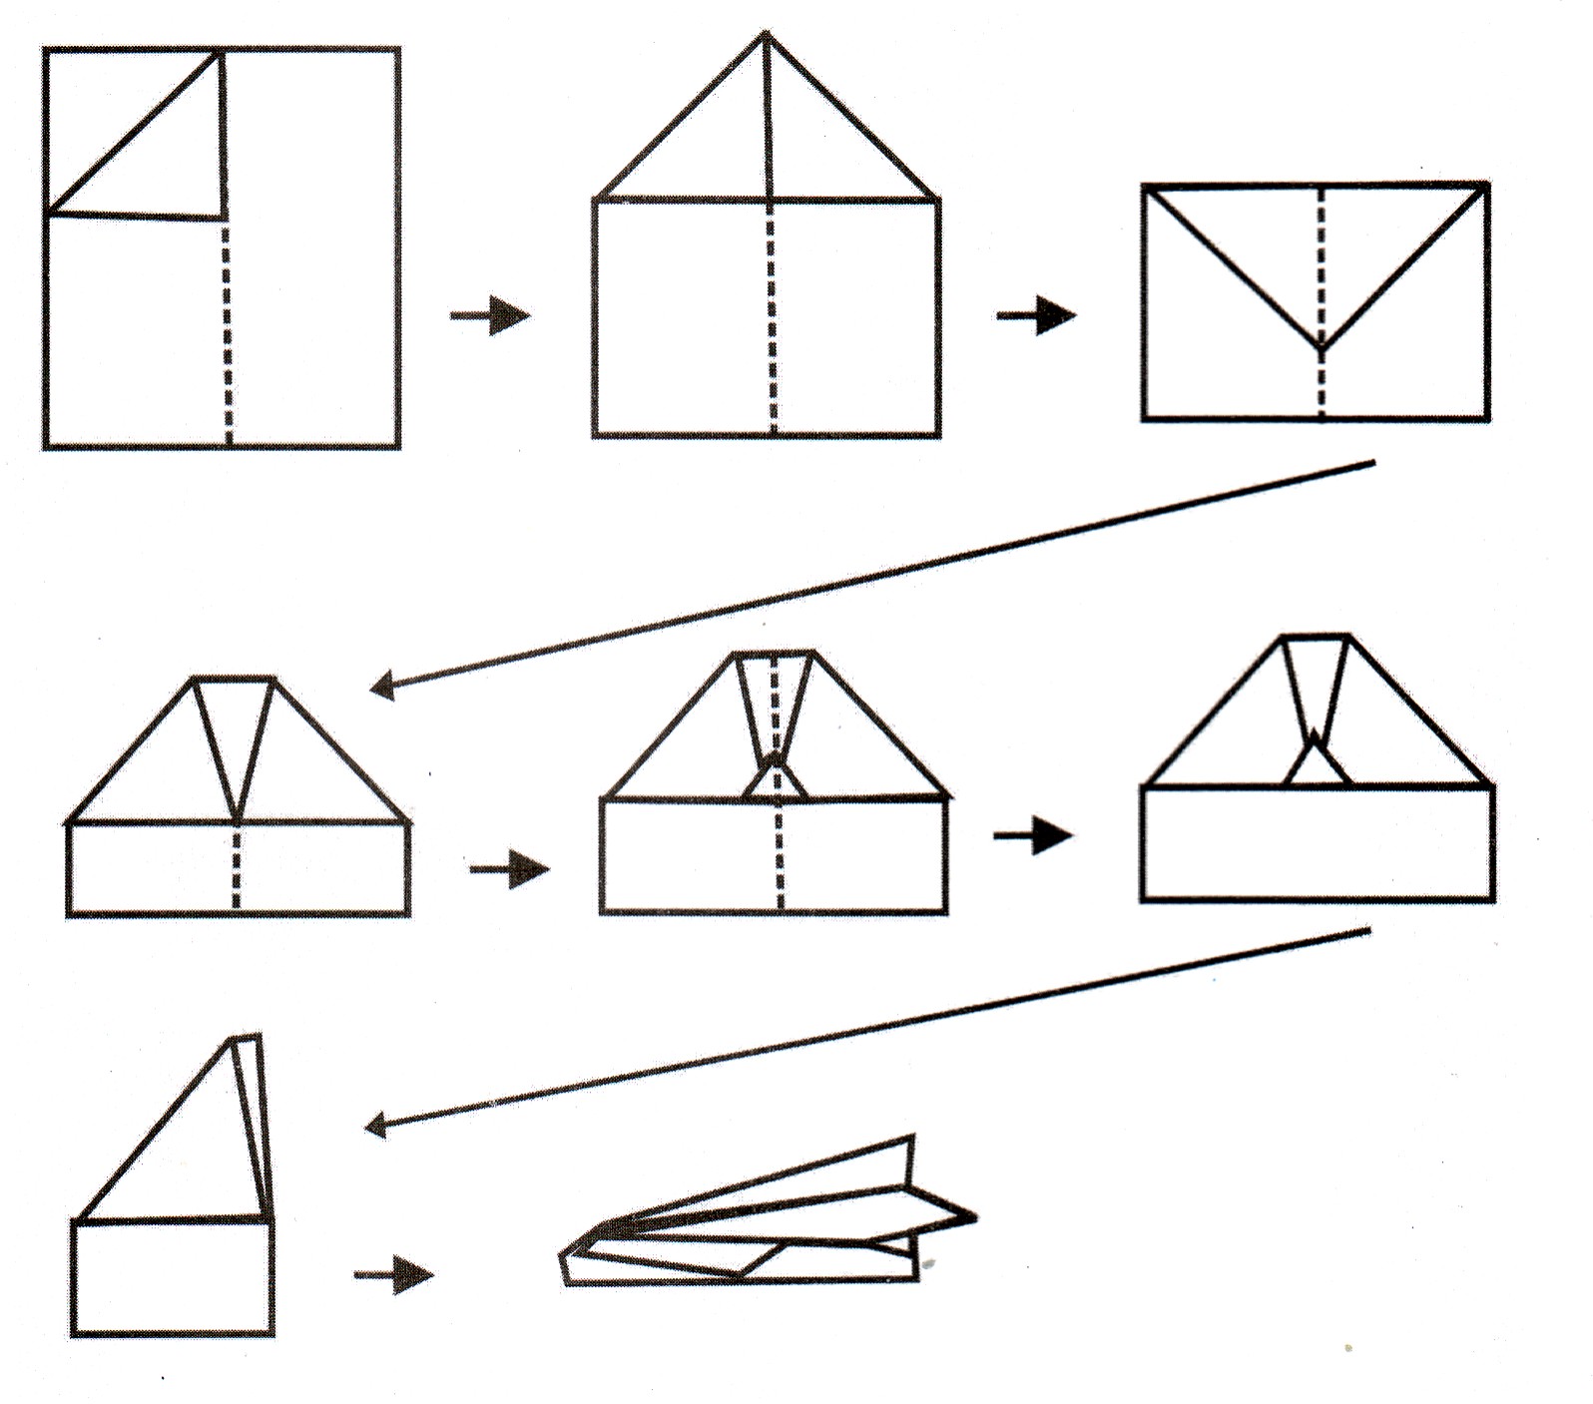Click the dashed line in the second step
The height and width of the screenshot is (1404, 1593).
coord(772,319)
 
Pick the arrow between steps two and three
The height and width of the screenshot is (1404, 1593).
coord(1036,316)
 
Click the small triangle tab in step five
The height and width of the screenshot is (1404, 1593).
coord(774,781)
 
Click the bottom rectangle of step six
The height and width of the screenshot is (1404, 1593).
coord(1317,843)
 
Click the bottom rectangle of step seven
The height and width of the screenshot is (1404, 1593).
coord(173,1277)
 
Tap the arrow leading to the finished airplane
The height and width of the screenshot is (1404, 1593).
coord(394,1274)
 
